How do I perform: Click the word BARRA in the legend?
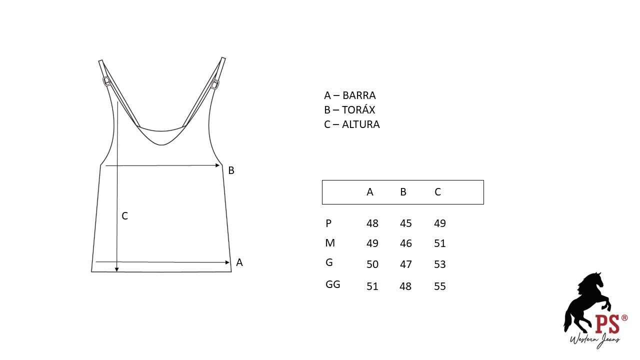[359, 95]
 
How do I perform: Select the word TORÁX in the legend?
[358, 109]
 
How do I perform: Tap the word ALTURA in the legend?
[361, 124]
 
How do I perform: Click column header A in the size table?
[370, 192]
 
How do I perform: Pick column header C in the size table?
[437, 192]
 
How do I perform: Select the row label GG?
[333, 284]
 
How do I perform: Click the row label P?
[328, 223]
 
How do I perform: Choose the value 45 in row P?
[405, 223]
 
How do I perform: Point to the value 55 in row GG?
[439, 286]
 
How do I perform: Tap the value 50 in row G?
[372, 264]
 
